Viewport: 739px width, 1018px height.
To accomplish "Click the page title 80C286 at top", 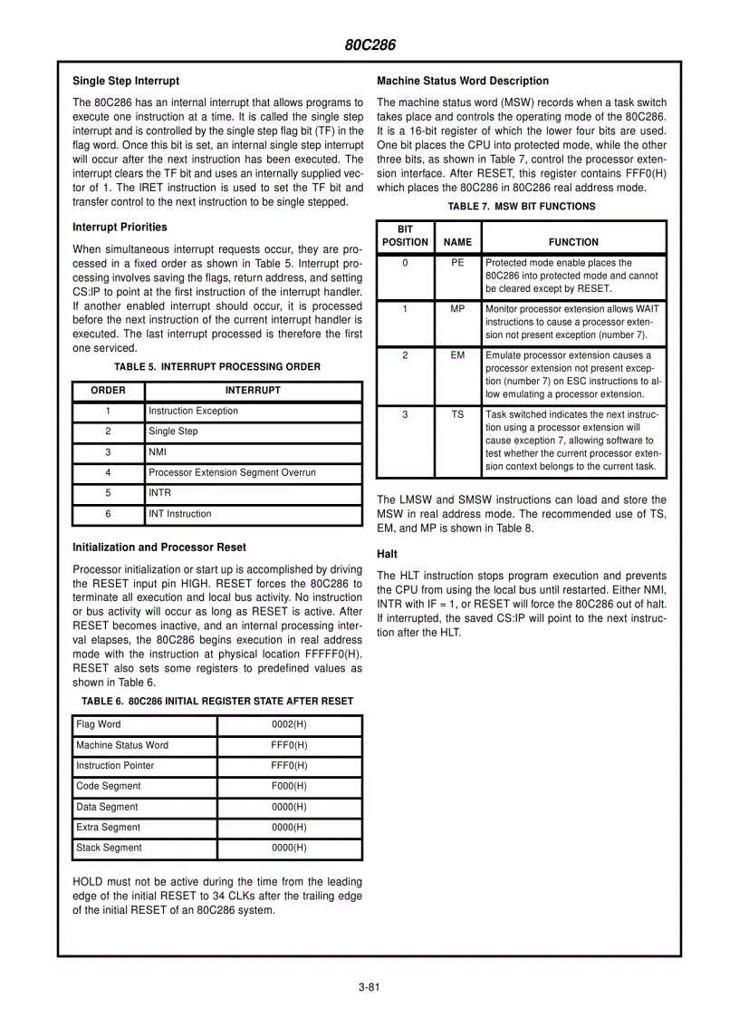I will (369, 45).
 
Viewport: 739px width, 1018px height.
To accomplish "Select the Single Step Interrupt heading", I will (126, 81).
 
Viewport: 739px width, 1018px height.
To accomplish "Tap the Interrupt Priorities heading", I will (120, 227).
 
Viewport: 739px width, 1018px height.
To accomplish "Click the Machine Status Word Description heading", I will (462, 81).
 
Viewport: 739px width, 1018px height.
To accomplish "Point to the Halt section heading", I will (387, 553).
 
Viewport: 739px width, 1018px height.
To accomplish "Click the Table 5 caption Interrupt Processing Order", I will (216, 367).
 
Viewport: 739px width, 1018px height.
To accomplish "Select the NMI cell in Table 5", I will (158, 451).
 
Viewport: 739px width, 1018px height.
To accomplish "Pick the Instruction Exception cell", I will (193, 411).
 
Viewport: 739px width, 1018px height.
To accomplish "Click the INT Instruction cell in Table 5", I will (179, 514).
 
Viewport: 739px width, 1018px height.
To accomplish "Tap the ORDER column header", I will (108, 391).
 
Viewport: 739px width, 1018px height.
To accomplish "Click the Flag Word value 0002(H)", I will (289, 724).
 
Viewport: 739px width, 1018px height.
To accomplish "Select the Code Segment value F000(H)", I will (289, 786).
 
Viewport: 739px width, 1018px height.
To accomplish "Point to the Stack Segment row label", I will (109, 848).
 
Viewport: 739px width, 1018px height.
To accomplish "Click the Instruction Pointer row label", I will (115, 765).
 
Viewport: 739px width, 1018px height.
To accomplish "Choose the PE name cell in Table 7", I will (457, 262).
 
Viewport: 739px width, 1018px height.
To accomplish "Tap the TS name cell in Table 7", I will (457, 414).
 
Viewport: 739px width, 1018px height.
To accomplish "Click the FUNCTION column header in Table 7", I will (573, 242).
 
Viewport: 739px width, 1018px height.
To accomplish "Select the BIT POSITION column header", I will (405, 236).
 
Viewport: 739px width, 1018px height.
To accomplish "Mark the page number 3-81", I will (369, 987).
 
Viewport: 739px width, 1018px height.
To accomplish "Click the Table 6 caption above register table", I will (216, 701).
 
